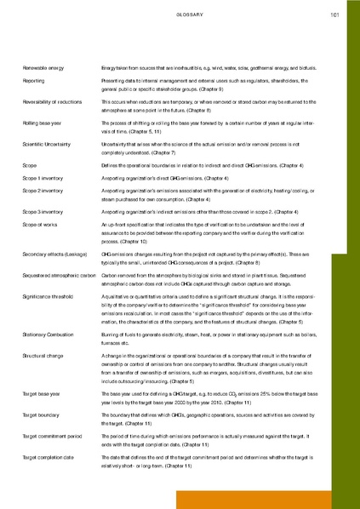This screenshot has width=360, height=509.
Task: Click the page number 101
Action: [x=334, y=14]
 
